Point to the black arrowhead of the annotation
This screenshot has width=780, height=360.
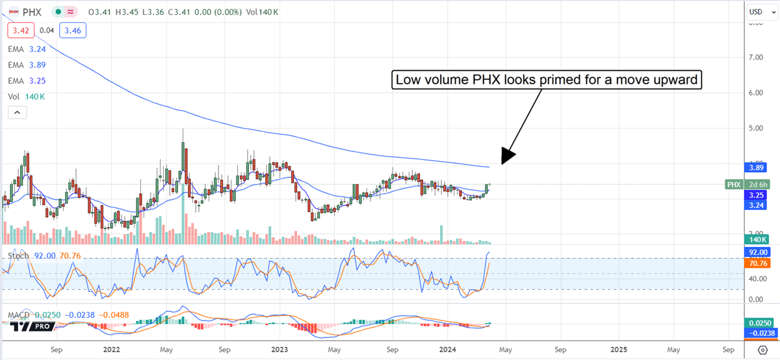click(x=507, y=156)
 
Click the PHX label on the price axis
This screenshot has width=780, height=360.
click(x=734, y=185)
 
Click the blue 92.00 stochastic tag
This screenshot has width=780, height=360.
click(x=758, y=252)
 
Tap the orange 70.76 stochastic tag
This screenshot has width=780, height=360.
click(x=758, y=263)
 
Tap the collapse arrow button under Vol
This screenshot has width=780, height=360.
click(x=17, y=112)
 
